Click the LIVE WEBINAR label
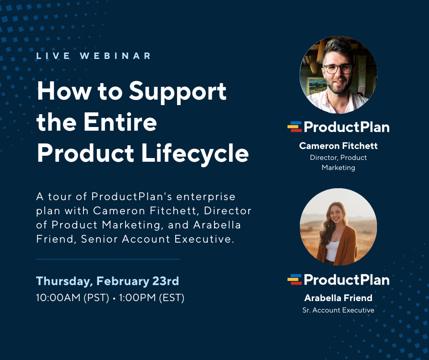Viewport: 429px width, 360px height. pos(94,56)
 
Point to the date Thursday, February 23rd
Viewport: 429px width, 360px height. pos(107,281)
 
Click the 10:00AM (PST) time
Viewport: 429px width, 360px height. pos(73,298)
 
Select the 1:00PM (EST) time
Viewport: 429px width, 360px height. pos(152,298)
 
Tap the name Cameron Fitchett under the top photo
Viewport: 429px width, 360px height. pos(338,146)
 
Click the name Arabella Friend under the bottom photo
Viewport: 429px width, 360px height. pos(338,298)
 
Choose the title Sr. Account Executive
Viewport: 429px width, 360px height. pos(338,310)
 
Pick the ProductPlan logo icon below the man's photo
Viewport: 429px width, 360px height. pos(295,127)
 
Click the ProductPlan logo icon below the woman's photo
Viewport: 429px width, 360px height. pos(295,279)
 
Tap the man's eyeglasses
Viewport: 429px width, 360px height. pos(338,69)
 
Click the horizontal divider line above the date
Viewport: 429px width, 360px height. pos(108,259)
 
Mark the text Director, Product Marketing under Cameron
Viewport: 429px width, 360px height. pos(338,162)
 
